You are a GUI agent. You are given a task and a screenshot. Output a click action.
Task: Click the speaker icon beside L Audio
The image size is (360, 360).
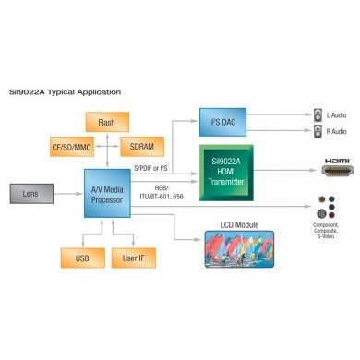click(x=315, y=114)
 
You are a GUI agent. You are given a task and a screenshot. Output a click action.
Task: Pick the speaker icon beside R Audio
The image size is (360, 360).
click(x=315, y=130)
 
